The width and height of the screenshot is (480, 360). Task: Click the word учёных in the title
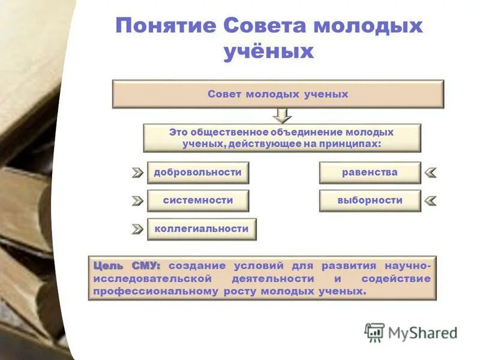click(x=269, y=52)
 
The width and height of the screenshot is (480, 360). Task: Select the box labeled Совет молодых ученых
click(x=278, y=94)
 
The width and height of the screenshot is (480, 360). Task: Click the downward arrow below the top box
click(x=281, y=115)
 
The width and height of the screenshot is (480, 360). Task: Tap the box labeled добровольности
click(x=197, y=173)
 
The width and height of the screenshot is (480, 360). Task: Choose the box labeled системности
click(x=197, y=201)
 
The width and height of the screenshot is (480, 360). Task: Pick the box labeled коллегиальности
click(x=202, y=229)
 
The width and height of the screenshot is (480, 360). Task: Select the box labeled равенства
click(x=370, y=173)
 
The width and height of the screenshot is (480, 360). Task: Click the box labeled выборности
click(x=370, y=201)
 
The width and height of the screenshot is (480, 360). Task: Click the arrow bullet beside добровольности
click(x=137, y=173)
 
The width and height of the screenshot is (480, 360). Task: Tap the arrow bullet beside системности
click(x=137, y=200)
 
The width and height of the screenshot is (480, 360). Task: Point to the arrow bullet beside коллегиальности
click(x=137, y=229)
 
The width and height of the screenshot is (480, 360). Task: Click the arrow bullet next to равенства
click(x=430, y=173)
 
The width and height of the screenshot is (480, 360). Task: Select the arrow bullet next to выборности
click(x=430, y=200)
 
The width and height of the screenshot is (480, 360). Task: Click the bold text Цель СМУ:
click(x=127, y=265)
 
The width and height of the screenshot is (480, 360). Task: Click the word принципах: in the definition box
click(x=354, y=144)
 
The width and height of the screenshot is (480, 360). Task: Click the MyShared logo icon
click(x=374, y=332)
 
